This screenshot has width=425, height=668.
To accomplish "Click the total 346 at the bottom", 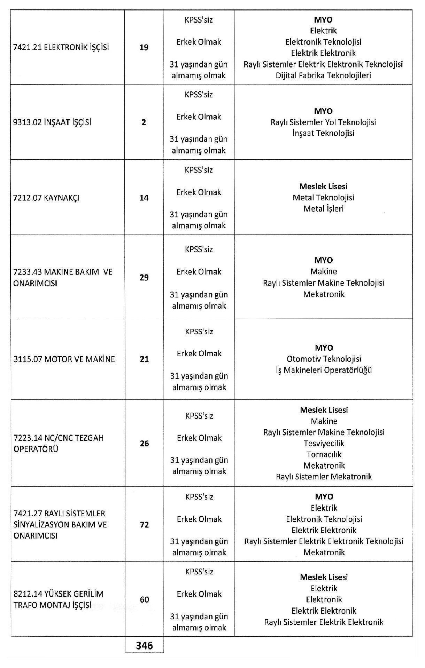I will [145, 645].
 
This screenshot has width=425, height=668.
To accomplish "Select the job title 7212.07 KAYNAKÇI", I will [46, 198].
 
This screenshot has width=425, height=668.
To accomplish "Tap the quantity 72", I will [144, 525].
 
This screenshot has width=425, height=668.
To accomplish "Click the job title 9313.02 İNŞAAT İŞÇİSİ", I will [52, 122].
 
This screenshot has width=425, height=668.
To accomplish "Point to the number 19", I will [144, 47].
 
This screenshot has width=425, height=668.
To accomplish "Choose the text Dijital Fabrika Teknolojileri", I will [323, 75].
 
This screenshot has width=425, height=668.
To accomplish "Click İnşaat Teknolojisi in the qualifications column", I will [323, 133].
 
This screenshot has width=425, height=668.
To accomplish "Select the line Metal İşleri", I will [323, 209].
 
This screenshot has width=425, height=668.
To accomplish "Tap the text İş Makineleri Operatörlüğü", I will [324, 370].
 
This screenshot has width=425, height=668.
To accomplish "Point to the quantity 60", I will [144, 599].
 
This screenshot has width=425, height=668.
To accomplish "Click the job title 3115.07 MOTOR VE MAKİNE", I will [64, 359].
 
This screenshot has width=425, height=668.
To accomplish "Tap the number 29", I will [144, 277].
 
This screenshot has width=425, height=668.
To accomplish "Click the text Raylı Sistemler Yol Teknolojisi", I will [323, 122].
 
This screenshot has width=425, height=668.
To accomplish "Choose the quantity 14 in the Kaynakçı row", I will [144, 198].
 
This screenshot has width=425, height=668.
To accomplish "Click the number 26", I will [144, 443].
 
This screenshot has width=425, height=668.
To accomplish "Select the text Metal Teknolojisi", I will [323, 198].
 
